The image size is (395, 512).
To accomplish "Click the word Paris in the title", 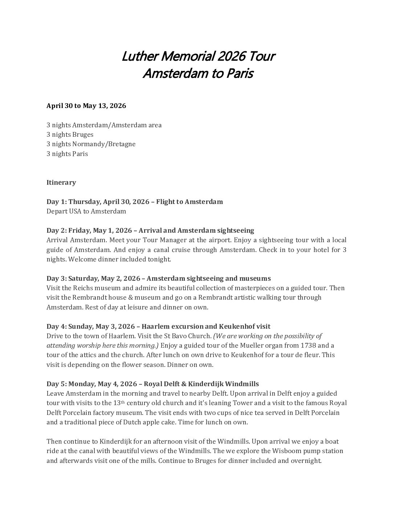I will point(240,73).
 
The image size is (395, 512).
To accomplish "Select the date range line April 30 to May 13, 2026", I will point(86,106).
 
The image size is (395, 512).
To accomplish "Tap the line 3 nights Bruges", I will point(70,135).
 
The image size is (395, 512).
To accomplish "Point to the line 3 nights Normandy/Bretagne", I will point(91,144).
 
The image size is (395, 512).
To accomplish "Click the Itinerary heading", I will point(61,183).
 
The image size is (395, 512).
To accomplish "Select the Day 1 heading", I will point(134,202).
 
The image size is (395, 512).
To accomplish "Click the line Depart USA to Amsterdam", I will point(86,211).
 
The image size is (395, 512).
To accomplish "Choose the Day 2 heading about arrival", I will point(150,231).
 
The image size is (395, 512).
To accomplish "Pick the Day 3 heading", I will point(158,279).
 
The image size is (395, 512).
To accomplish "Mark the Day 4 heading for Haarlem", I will point(158,327).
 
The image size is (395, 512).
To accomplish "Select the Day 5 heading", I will point(152,384).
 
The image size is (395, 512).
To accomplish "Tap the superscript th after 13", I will point(122,402).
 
